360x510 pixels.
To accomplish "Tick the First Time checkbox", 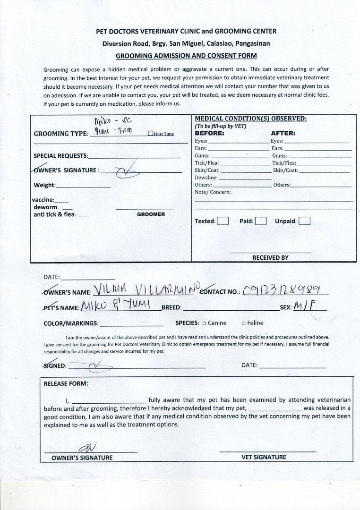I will click(x=150, y=134).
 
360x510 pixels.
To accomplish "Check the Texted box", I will click(x=223, y=221).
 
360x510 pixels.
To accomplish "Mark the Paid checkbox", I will click(x=261, y=221).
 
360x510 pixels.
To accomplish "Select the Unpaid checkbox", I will click(x=305, y=221).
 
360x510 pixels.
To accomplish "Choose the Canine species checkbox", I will click(x=204, y=323).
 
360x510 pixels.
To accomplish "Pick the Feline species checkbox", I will click(x=243, y=323).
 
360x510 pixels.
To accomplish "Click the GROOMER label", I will click(x=151, y=214).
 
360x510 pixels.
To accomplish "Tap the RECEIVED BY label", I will click(x=270, y=258).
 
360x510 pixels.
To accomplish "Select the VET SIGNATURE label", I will click(x=264, y=457).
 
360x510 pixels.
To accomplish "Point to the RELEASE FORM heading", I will click(x=66, y=383).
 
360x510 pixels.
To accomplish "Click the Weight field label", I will click(x=44, y=185).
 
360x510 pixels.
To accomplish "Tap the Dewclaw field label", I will click(x=206, y=178).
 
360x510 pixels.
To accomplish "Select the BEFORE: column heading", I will click(x=209, y=133).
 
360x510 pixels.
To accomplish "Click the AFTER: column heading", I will click(x=283, y=133).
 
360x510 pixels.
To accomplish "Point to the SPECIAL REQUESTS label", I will click(x=60, y=156).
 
